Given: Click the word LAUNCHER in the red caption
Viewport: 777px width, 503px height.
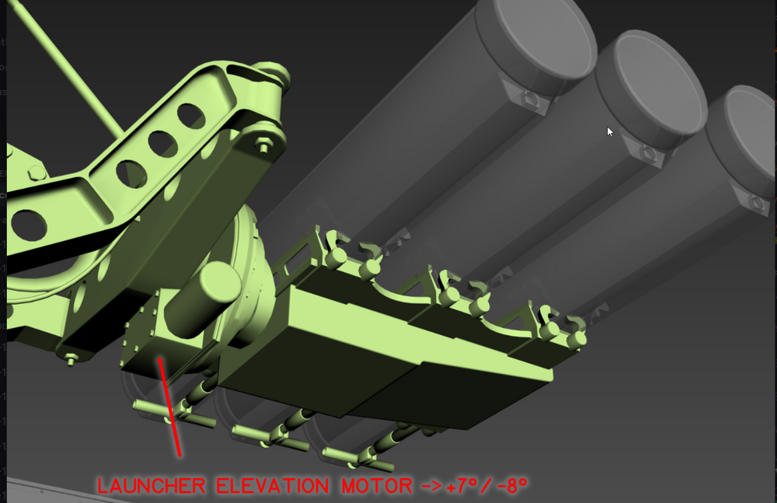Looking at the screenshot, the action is (152, 486).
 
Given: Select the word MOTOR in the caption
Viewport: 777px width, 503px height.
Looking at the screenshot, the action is (377, 486).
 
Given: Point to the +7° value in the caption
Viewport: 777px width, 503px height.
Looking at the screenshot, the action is (463, 484).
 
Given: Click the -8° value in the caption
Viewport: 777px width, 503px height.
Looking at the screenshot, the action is (511, 484).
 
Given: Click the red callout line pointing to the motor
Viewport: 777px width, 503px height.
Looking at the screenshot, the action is (169, 407).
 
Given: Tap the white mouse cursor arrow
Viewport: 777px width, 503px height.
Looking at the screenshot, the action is (610, 132).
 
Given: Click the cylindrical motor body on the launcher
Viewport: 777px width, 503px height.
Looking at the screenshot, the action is (203, 297).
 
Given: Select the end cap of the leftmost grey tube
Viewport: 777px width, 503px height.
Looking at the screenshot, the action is (535, 47).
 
